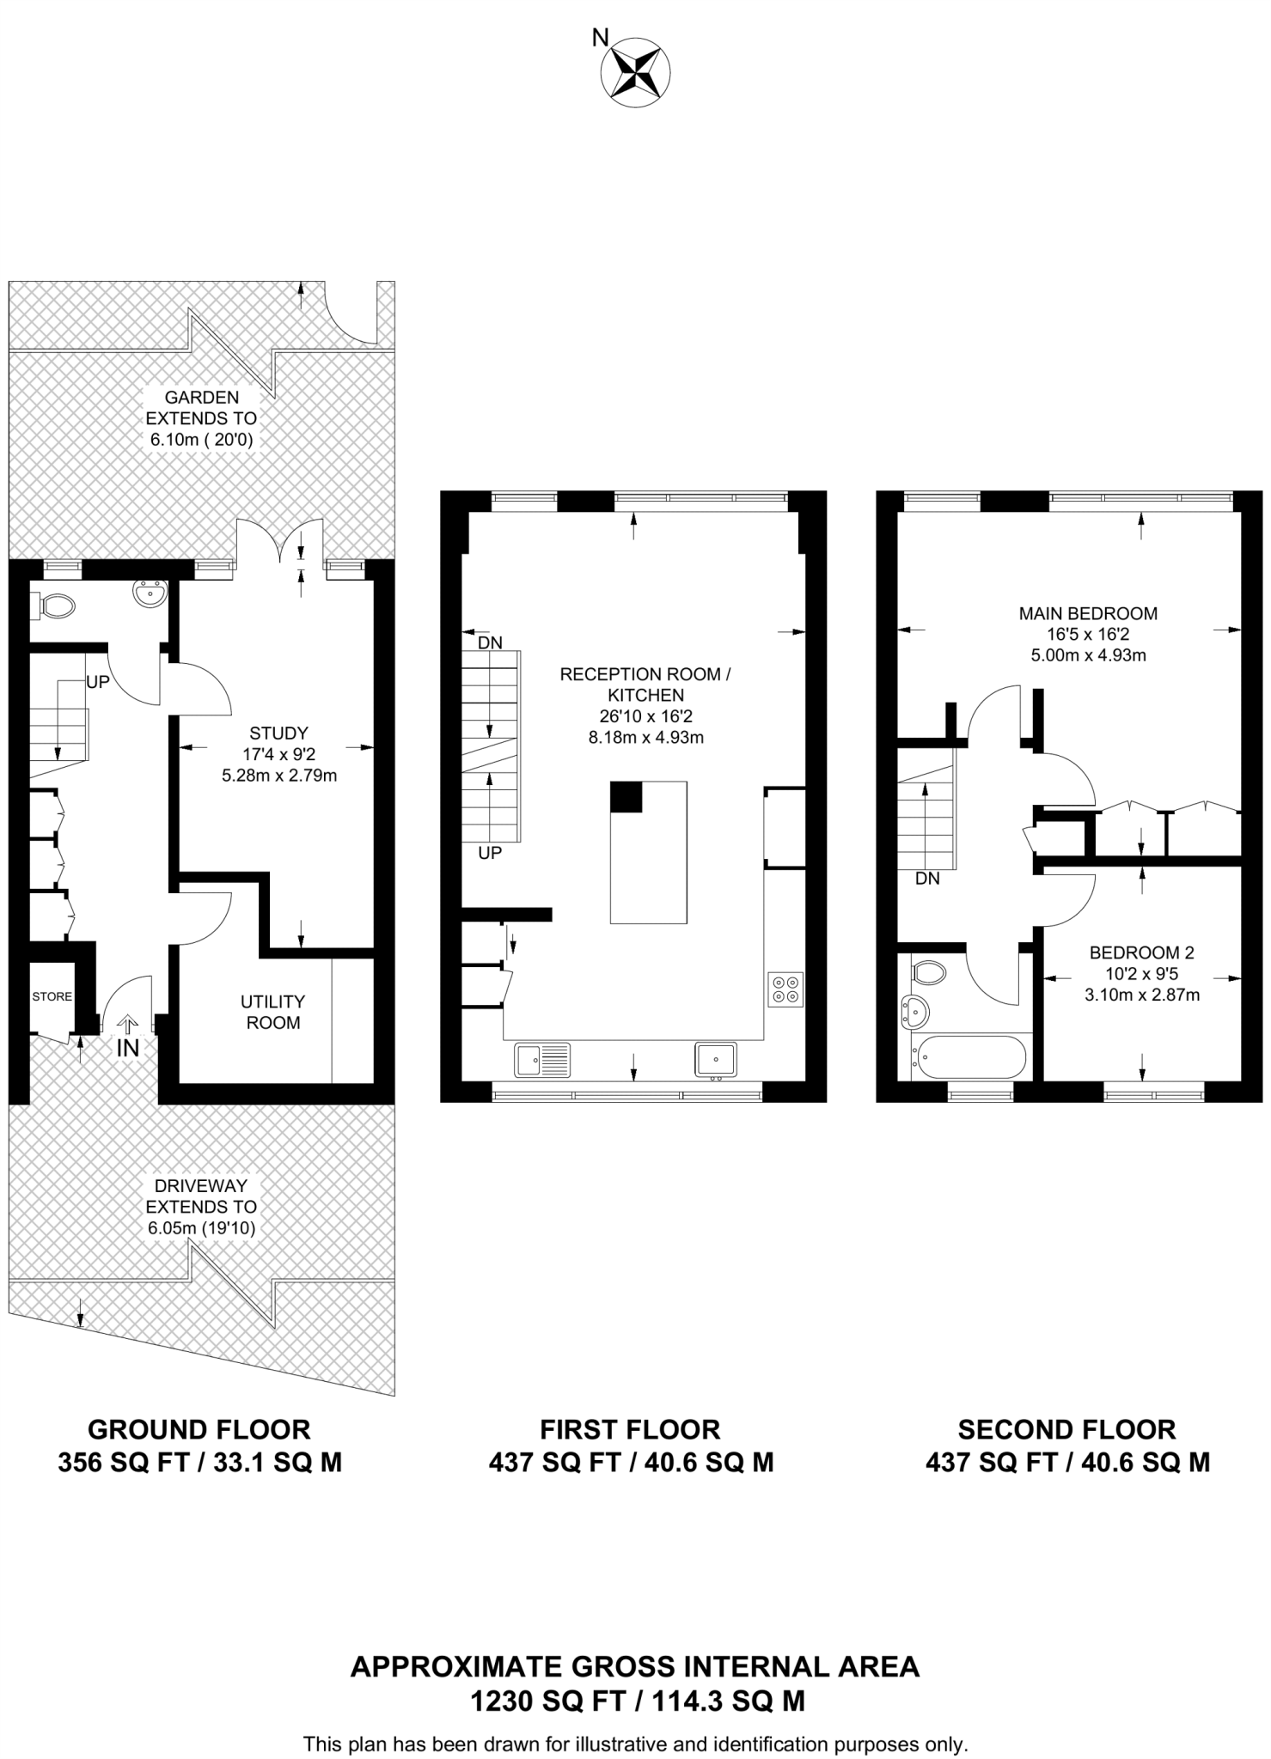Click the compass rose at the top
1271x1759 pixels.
[x=634, y=72]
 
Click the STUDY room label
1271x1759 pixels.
[x=278, y=733]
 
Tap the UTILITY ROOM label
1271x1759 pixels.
[x=273, y=1012]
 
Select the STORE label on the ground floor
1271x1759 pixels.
[x=52, y=996]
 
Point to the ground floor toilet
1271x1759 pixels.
[x=57, y=607]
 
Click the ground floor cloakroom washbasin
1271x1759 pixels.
[x=150, y=593]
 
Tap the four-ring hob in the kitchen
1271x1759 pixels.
[x=785, y=989]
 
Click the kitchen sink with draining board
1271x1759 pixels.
[x=542, y=1060]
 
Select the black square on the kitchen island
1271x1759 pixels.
[x=626, y=797]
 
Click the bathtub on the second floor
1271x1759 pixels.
[x=970, y=1057]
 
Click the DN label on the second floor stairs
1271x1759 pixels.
[x=927, y=879]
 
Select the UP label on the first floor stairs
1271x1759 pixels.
[x=490, y=853]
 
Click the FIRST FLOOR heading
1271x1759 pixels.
[x=630, y=1430]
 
